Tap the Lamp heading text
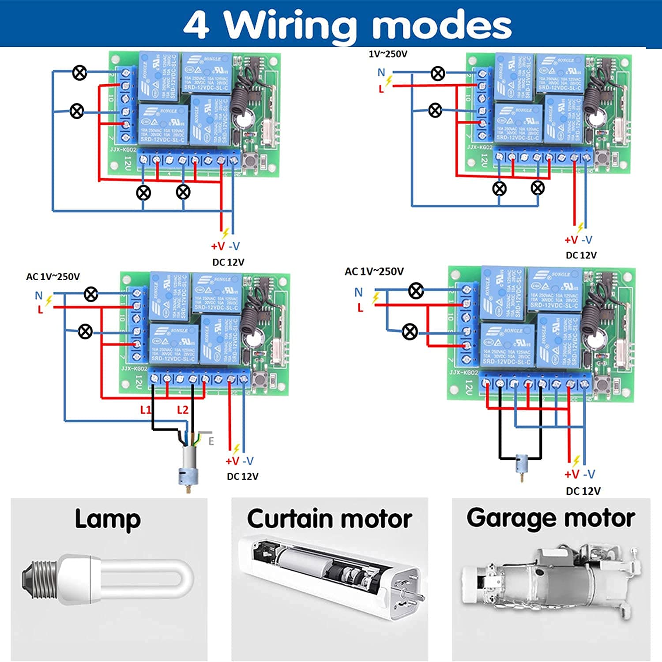pyautogui.click(x=108, y=519)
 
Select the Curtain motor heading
pyautogui.click(x=329, y=519)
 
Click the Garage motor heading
pyautogui.click(x=551, y=518)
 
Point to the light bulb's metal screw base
pyautogui.click(x=39, y=579)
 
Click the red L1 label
pyautogui.click(x=145, y=410)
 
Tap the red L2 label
pyautogui.click(x=182, y=410)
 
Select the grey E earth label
pyautogui.click(x=211, y=441)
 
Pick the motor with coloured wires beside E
pyautogui.click(x=188, y=466)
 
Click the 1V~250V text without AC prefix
pyautogui.click(x=388, y=54)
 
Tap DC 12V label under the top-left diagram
pyautogui.click(x=228, y=262)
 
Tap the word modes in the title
pyautogui.click(x=442, y=25)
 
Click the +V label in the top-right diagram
pyautogui.click(x=571, y=240)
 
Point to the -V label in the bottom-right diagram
pyautogui.click(x=589, y=474)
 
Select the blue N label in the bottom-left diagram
pyautogui.click(x=39, y=295)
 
